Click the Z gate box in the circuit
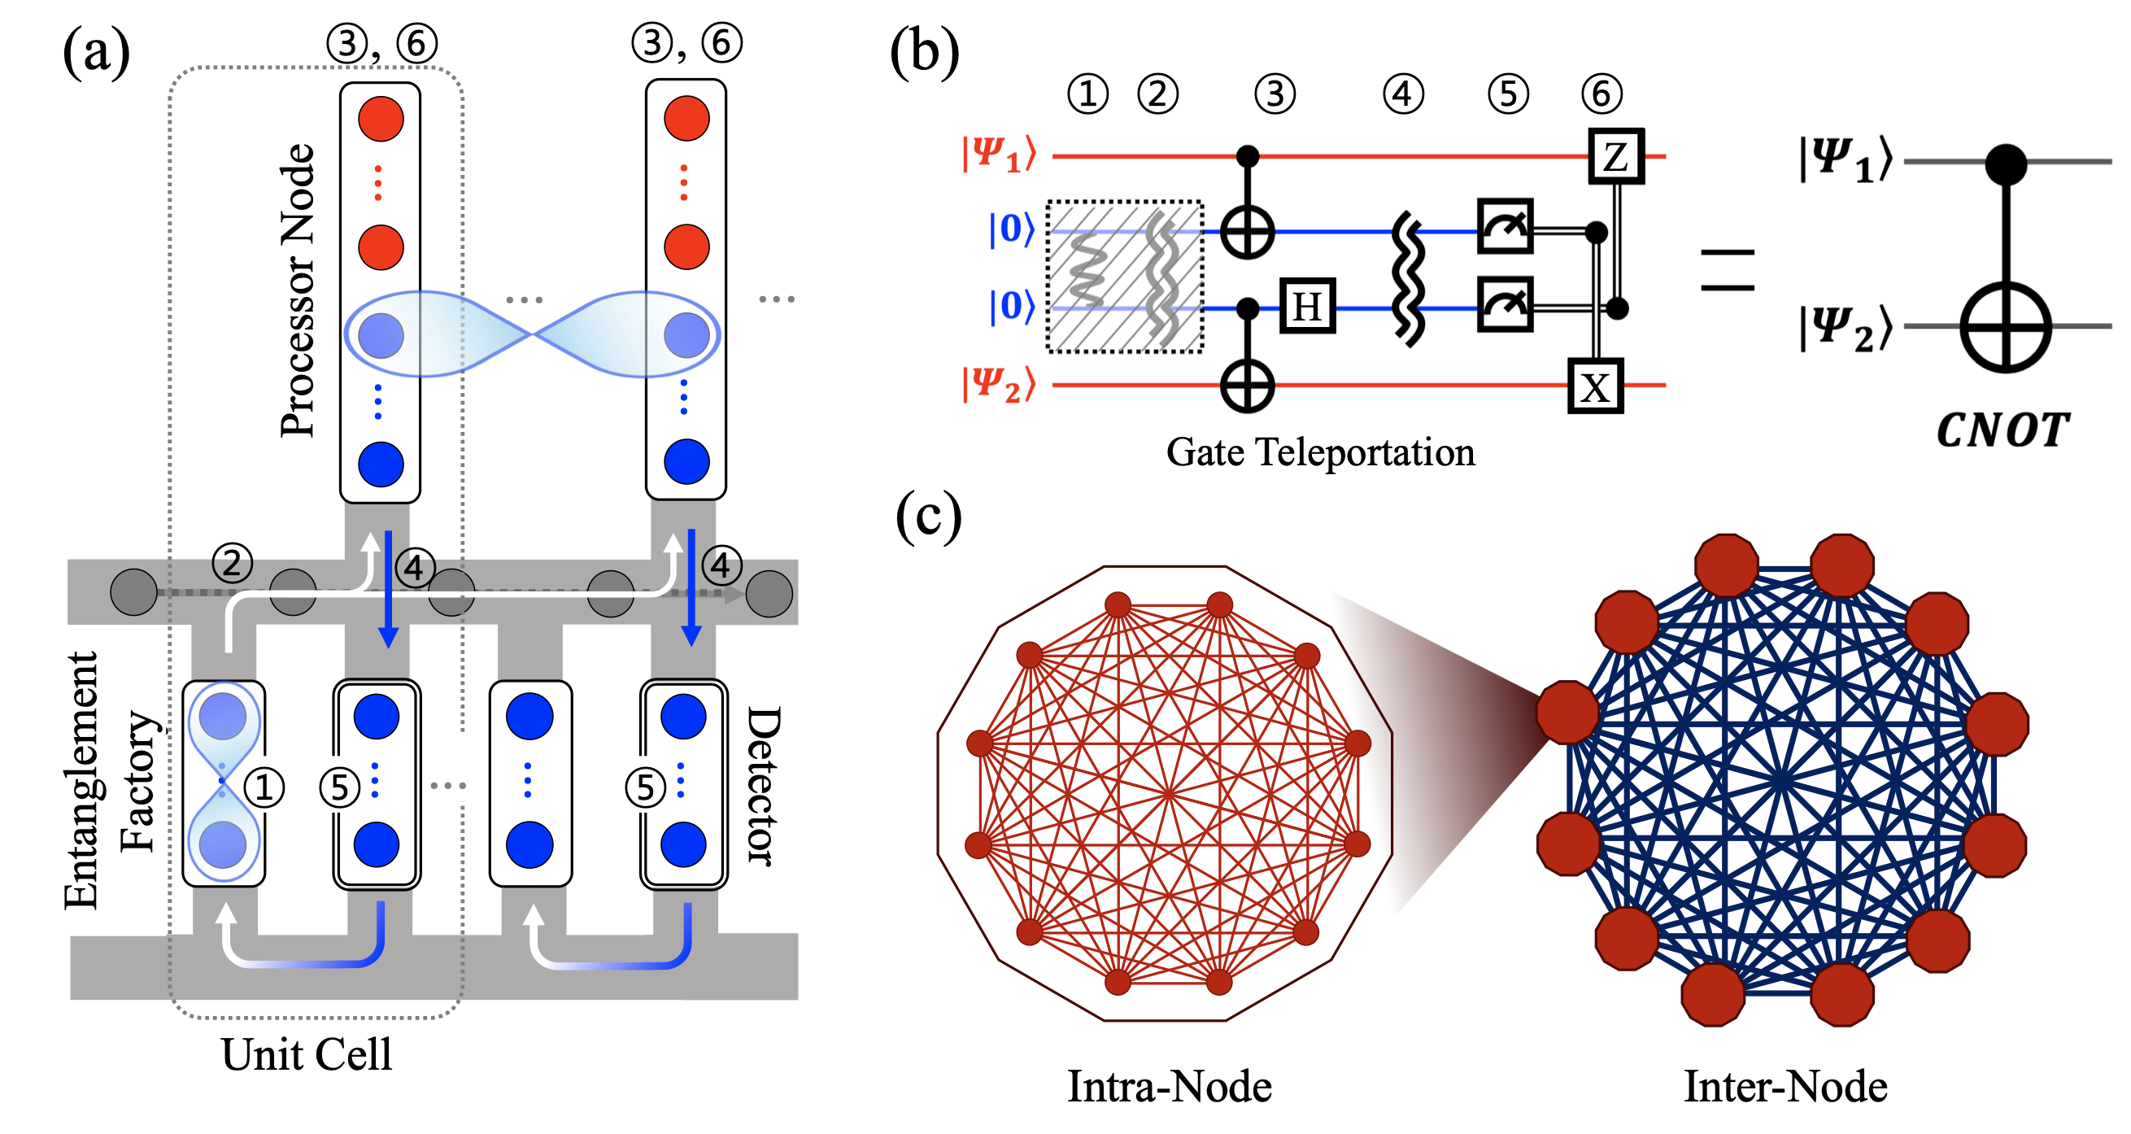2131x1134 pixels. [1615, 155]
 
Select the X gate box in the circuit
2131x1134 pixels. [1595, 386]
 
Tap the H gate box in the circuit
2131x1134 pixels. [1307, 307]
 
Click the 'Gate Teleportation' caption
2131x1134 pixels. [1320, 452]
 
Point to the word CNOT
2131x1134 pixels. [2002, 431]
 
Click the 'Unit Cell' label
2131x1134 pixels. [306, 1054]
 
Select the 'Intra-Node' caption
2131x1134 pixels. [1169, 1087]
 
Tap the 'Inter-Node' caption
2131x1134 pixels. [1785, 1087]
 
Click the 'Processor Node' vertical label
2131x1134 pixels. [298, 290]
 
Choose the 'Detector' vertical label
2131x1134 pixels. [763, 786]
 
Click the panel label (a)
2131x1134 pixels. [96, 51]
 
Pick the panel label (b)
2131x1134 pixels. [924, 51]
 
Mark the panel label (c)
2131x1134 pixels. [928, 516]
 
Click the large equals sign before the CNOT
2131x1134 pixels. [1728, 269]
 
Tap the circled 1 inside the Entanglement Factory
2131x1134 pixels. [264, 787]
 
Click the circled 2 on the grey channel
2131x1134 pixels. [232, 562]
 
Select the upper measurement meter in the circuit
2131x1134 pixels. [1505, 226]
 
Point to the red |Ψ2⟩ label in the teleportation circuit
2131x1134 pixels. [999, 385]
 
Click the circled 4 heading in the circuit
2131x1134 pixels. [1403, 94]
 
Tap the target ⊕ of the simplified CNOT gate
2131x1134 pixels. [2005, 327]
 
